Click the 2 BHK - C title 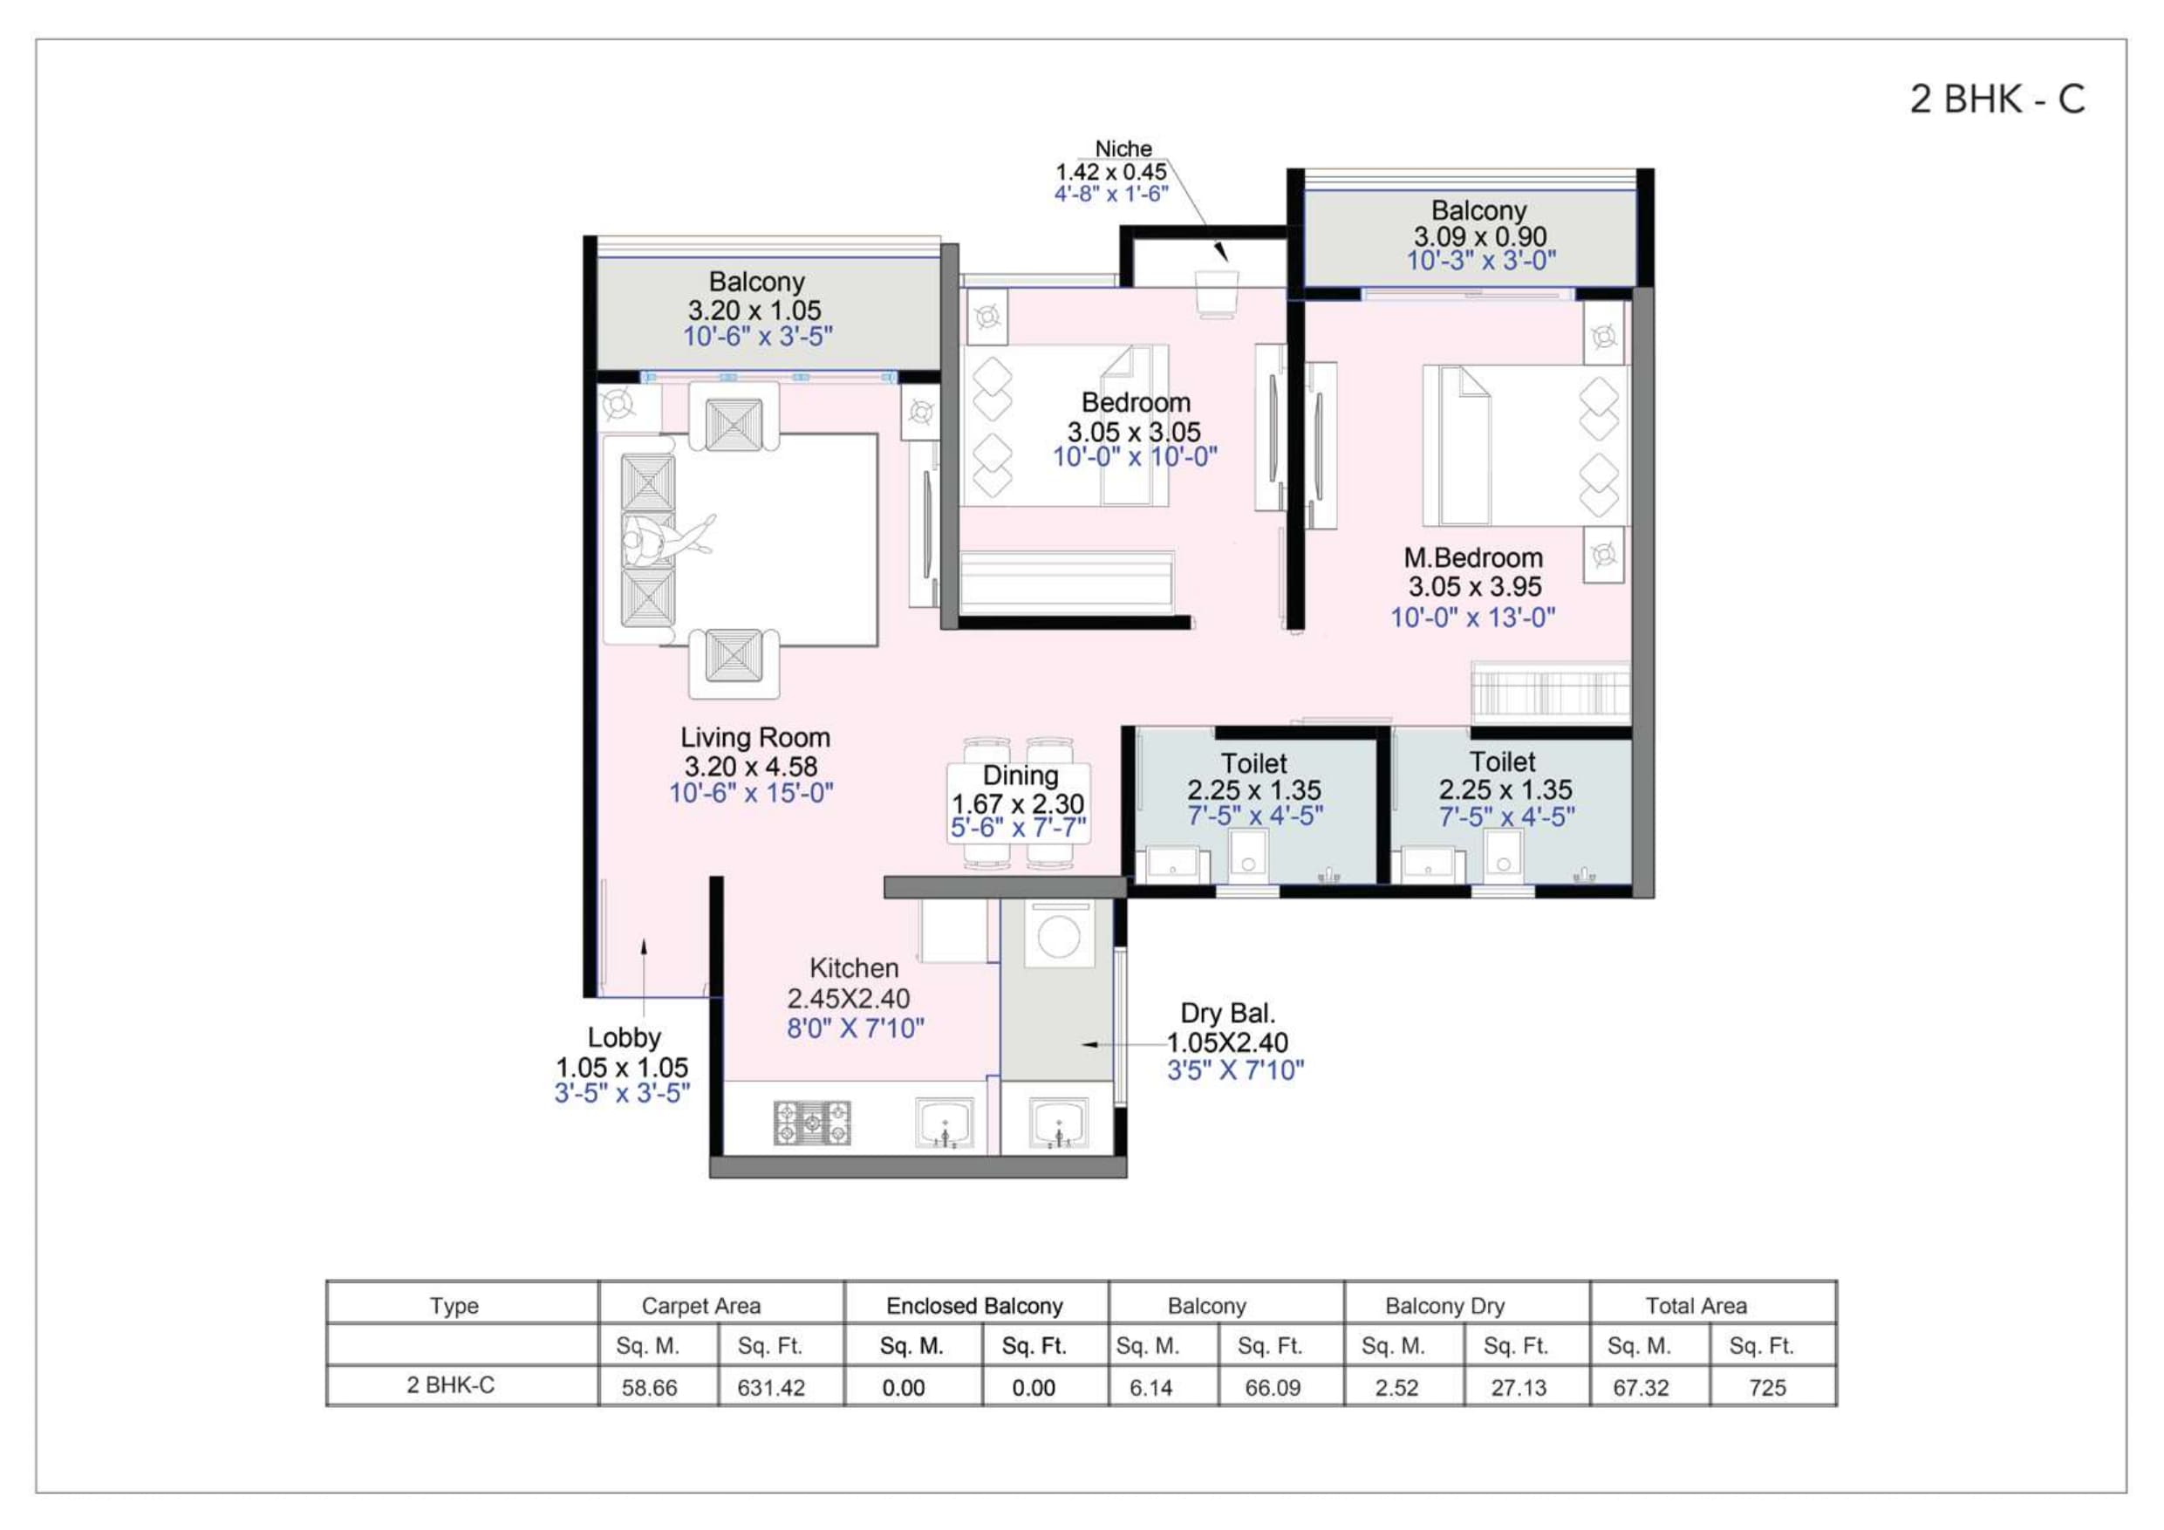[1997, 99]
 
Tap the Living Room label [755, 737]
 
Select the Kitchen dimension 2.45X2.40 [849, 998]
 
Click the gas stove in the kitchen [811, 1123]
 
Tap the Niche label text [1123, 149]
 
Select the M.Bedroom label [1472, 558]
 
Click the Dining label [1020, 775]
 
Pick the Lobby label [624, 1038]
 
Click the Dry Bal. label [1227, 1014]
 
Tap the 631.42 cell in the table [771, 1388]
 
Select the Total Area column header [1696, 1306]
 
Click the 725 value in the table [1766, 1388]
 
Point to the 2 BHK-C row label [451, 1385]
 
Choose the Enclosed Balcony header [974, 1306]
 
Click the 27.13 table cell [1519, 1388]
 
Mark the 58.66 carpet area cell [650, 1388]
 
